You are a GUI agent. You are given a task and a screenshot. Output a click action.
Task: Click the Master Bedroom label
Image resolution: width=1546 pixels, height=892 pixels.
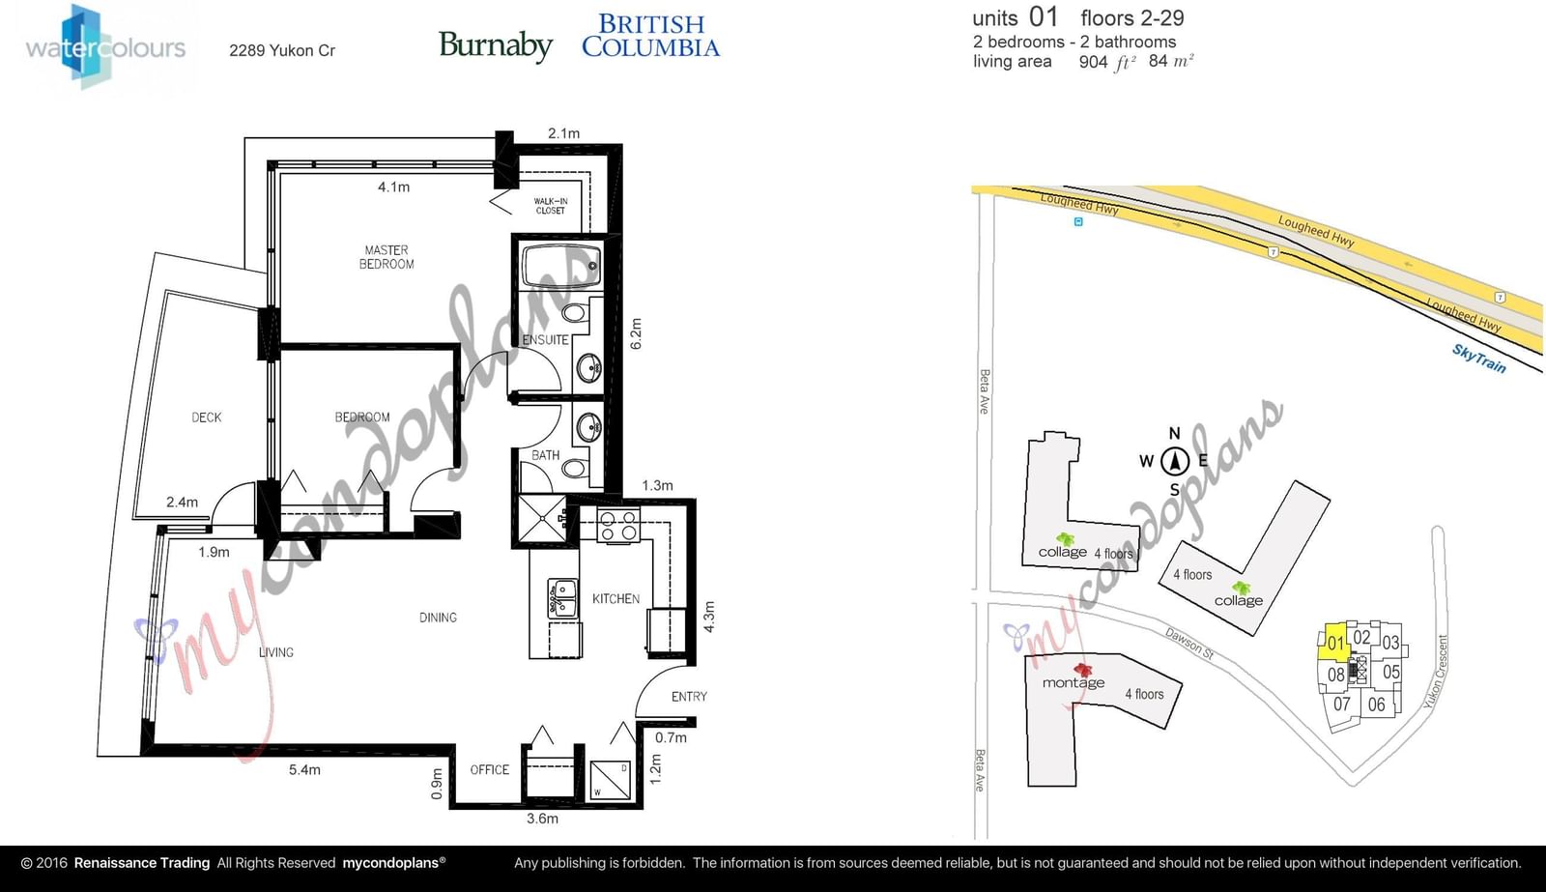click(x=386, y=257)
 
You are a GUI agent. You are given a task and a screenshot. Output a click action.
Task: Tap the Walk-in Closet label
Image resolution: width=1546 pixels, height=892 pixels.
click(x=550, y=206)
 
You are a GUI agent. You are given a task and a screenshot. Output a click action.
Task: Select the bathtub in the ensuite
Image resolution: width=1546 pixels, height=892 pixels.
click(x=561, y=266)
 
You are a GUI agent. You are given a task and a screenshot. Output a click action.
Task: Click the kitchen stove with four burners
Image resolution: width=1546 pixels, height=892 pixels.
click(x=618, y=525)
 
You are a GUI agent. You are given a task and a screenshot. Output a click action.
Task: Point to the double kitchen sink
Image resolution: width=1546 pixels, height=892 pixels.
click(x=562, y=598)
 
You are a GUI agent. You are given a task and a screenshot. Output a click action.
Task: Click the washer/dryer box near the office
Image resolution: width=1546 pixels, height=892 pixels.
click(x=611, y=780)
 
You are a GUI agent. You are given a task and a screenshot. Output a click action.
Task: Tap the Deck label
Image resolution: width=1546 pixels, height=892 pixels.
click(x=207, y=417)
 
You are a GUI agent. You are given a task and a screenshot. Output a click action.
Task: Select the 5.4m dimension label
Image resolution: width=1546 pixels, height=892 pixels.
click(x=304, y=769)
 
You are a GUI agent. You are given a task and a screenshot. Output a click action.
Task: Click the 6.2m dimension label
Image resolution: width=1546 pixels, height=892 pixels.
click(x=636, y=333)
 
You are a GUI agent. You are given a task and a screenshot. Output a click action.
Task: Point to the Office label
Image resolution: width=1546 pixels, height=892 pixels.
click(x=489, y=770)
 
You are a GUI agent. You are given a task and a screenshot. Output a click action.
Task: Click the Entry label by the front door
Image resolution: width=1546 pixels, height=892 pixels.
click(x=689, y=697)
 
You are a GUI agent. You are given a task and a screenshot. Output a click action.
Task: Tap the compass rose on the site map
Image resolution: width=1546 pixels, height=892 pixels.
click(x=1174, y=461)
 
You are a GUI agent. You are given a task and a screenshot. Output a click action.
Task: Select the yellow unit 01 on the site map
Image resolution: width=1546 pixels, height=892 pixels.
click(x=1333, y=643)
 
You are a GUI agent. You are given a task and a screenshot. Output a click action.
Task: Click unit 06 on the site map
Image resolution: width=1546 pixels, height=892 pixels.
click(x=1376, y=705)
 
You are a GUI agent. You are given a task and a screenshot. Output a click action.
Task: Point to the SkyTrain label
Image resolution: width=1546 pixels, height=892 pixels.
click(x=1478, y=359)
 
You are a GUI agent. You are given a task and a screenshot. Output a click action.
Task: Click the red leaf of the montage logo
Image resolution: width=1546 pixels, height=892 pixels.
click(x=1082, y=669)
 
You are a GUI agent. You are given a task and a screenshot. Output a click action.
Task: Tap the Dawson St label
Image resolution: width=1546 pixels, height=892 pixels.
click(x=1189, y=643)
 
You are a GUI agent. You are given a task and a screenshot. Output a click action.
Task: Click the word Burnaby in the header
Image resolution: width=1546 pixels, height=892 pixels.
click(x=496, y=45)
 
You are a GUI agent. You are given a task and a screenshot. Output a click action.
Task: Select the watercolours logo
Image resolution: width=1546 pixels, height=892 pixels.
click(x=105, y=46)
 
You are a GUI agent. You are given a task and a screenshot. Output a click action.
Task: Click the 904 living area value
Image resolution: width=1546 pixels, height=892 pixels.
click(x=1093, y=62)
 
